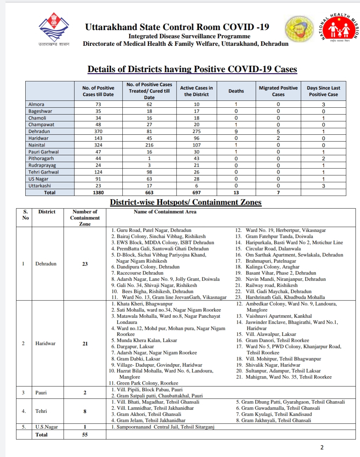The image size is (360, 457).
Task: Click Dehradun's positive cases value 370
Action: pyautogui.click(x=98, y=131)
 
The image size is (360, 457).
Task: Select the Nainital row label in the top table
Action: pyautogui.click(x=37, y=145)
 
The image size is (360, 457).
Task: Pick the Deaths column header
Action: pyautogui.click(x=236, y=91)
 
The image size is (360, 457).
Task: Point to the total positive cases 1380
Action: pyautogui.click(x=98, y=192)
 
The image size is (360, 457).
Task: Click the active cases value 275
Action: pyautogui.click(x=196, y=131)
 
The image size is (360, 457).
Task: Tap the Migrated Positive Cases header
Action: pyautogui.click(x=278, y=91)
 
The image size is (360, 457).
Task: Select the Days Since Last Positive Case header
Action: pyautogui.click(x=323, y=91)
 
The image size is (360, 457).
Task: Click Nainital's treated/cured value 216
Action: pyautogui.click(x=149, y=145)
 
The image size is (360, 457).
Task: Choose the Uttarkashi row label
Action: pyautogui.click(x=40, y=186)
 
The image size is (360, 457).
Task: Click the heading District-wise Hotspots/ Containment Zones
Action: pyautogui.click(x=185, y=202)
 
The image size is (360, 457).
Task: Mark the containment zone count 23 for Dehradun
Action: pyautogui.click(x=85, y=264)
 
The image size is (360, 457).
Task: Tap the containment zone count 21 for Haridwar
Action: pyautogui.click(x=85, y=344)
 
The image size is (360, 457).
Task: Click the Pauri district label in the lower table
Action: pyautogui.click(x=41, y=392)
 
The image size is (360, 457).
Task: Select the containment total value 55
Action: pyautogui.click(x=85, y=434)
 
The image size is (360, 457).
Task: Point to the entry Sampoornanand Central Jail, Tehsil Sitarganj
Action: pyautogui.click(x=165, y=427)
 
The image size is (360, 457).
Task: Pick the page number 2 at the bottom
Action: pyautogui.click(x=322, y=447)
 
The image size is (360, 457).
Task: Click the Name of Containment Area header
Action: pyautogui.click(x=165, y=212)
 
